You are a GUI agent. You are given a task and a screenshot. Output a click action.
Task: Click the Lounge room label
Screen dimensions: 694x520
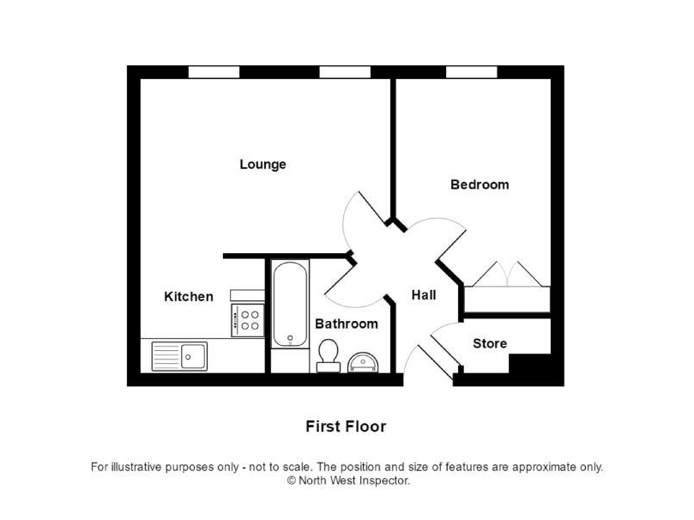pos(263,165)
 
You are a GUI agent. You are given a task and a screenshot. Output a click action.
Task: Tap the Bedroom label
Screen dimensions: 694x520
pos(480,184)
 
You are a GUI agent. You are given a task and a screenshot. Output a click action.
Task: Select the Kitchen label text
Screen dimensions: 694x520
pos(189,297)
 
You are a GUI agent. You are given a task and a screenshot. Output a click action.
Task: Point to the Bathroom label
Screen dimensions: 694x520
pos(347,324)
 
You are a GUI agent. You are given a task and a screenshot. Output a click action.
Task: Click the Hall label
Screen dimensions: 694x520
pos(424,295)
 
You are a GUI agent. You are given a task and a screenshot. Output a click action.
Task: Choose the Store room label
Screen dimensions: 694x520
pos(490,343)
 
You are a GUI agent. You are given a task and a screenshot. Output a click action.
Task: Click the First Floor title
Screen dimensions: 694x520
pos(346,426)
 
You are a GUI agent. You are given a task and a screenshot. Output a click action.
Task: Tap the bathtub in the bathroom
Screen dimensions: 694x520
pos(290,304)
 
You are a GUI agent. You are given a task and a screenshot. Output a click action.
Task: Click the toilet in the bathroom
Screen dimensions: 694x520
pos(329,355)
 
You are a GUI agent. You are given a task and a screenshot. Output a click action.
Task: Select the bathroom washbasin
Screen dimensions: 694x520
pos(363,362)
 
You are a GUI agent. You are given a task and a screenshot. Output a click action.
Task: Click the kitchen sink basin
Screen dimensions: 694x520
pos(193,356)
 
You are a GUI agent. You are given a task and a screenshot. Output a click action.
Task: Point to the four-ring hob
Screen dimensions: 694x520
pos(248,320)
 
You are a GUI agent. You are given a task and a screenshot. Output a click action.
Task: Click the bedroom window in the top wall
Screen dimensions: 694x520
pos(471,72)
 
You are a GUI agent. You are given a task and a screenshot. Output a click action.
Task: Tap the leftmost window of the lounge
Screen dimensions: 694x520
pos(214,72)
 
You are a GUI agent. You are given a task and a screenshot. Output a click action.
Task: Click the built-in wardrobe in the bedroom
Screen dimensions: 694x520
pos(507,299)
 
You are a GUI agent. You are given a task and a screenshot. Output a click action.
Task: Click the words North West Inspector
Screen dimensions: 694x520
pos(353,481)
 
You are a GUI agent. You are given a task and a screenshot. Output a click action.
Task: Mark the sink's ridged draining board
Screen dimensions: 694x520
pos(166,356)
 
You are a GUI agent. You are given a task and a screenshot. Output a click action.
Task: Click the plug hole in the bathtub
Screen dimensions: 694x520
pos(290,339)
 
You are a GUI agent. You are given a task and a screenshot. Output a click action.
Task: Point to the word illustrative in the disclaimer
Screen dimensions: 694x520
pos(136,467)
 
